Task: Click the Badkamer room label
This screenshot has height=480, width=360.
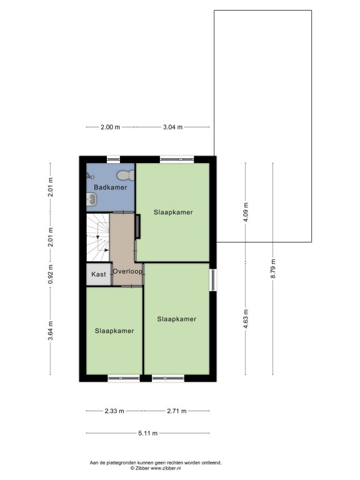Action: pyautogui.click(x=110, y=187)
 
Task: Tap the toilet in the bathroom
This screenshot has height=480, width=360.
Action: pyautogui.click(x=126, y=176)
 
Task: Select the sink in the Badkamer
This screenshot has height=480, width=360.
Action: pyautogui.click(x=92, y=199)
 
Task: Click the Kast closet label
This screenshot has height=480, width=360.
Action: pyautogui.click(x=99, y=274)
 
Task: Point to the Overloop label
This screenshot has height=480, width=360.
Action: pyautogui.click(x=127, y=271)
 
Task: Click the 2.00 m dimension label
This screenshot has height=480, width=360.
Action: pyautogui.click(x=110, y=127)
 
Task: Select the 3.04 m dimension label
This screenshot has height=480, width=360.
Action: pyautogui.click(x=172, y=127)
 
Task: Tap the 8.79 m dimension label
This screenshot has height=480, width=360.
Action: pyautogui.click(x=273, y=269)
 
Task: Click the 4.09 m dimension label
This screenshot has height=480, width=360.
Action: pyautogui.click(x=246, y=213)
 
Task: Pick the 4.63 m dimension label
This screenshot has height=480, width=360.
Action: pyautogui.click(x=246, y=319)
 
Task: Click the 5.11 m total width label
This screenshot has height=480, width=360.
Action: pyautogui.click(x=148, y=433)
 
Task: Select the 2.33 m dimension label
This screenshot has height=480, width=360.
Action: pyautogui.click(x=114, y=411)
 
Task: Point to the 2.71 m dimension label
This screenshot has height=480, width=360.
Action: pyautogui.click(x=177, y=411)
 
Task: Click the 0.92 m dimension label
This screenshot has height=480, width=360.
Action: pyautogui.click(x=51, y=274)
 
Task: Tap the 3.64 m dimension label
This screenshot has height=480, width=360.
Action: pyautogui.click(x=51, y=331)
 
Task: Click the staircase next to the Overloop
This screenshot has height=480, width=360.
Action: pyautogui.click(x=98, y=238)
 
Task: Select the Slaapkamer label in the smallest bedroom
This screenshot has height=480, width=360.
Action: pyautogui.click(x=114, y=331)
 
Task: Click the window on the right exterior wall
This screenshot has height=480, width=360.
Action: pyautogui.click(x=213, y=280)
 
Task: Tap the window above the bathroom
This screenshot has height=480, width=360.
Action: pyautogui.click(x=113, y=159)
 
